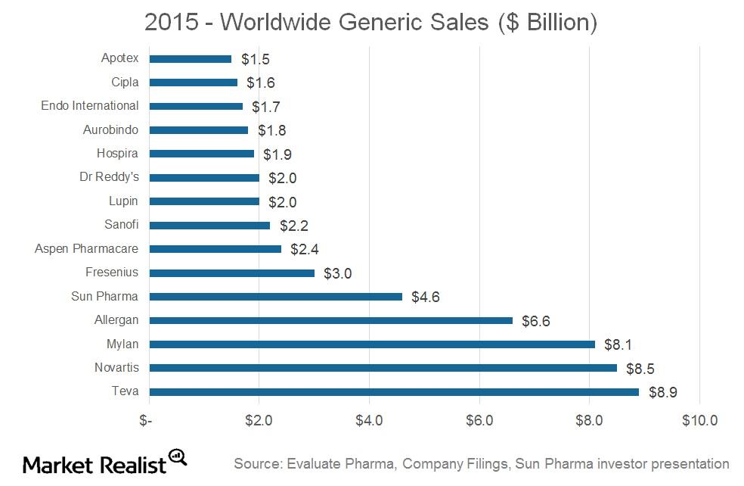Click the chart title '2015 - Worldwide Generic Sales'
pyautogui.click(x=370, y=23)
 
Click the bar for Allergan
pyautogui.click(x=330, y=320)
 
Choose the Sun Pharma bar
pyautogui.click(x=275, y=296)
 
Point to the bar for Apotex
pyautogui.click(x=190, y=58)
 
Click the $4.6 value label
pyautogui.click(x=425, y=297)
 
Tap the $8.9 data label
pyautogui.click(x=662, y=392)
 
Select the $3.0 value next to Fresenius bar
pyautogui.click(x=337, y=273)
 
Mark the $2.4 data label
pyautogui.click(x=304, y=249)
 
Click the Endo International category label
pyautogui.click(x=90, y=106)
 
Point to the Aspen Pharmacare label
pyautogui.click(x=87, y=249)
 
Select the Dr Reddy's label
pyautogui.click(x=109, y=177)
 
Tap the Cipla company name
pyautogui.click(x=125, y=82)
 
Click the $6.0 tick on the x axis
pyautogui.click(x=479, y=420)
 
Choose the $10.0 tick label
pyautogui.click(x=699, y=420)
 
